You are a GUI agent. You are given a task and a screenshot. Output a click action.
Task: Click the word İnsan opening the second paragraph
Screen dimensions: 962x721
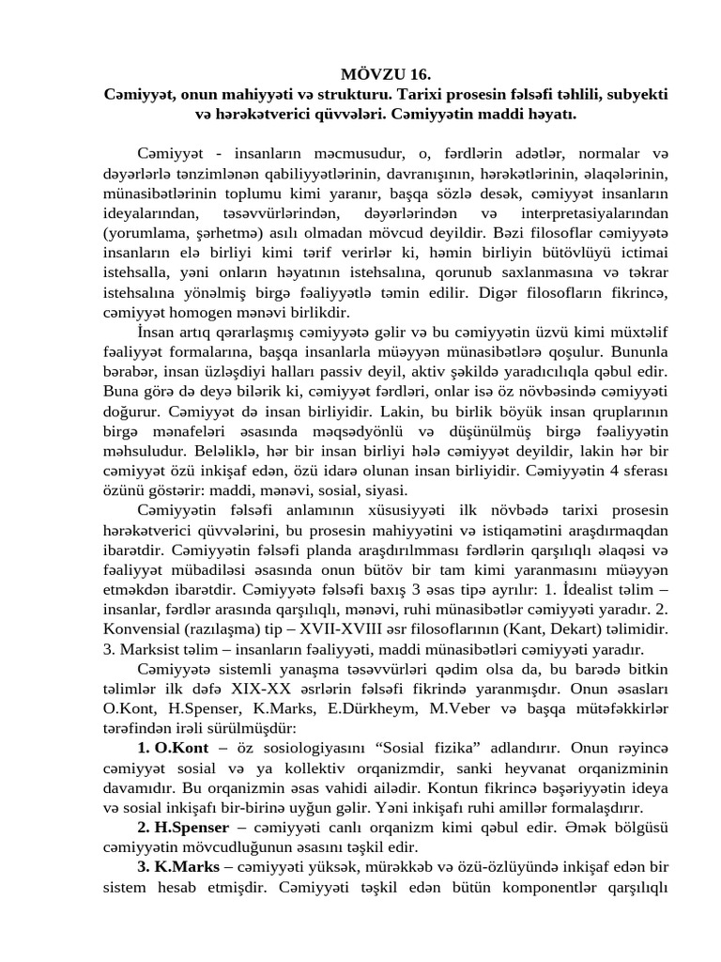point(156,333)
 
